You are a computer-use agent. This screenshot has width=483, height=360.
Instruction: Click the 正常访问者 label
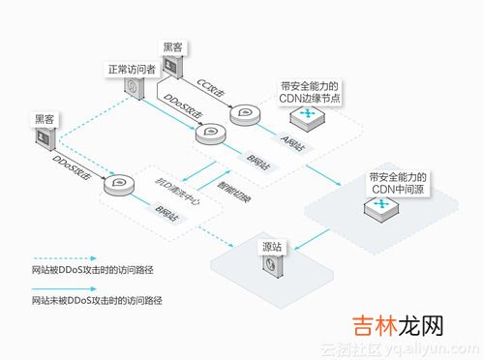point(132,70)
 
